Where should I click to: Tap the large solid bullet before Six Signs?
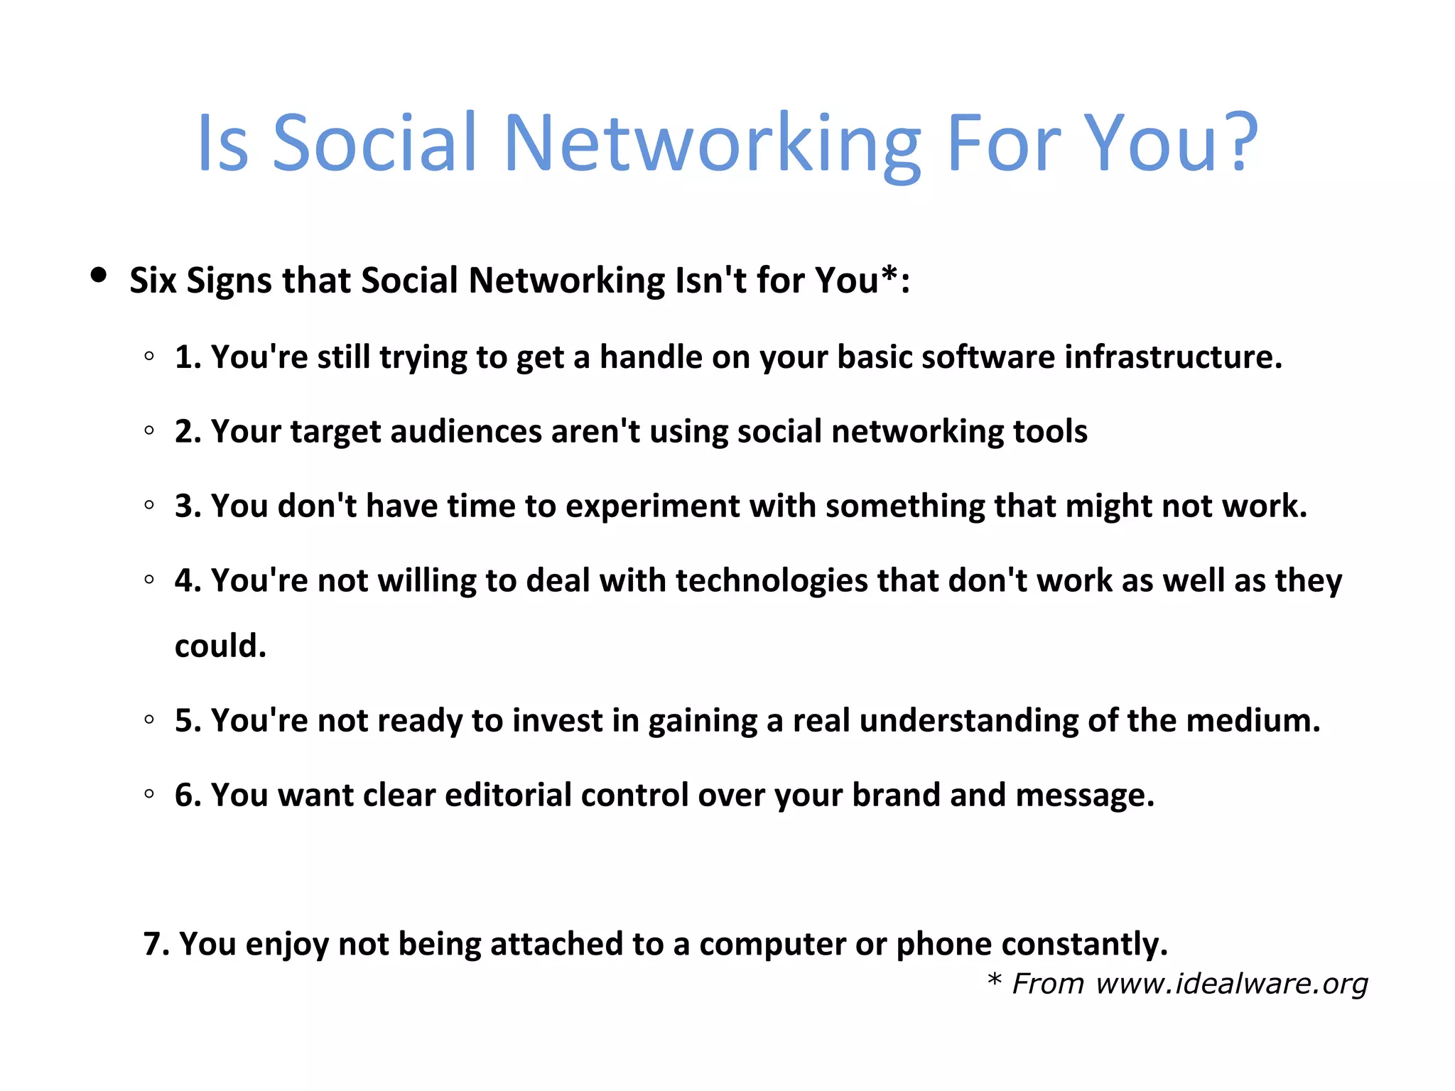click(99, 275)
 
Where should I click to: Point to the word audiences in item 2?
click(466, 431)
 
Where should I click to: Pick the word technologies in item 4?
click(771, 580)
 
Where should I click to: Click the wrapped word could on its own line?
click(220, 646)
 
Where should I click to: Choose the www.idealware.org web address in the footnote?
click(1231, 984)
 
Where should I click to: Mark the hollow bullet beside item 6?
click(149, 795)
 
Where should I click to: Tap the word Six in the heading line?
click(152, 280)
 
